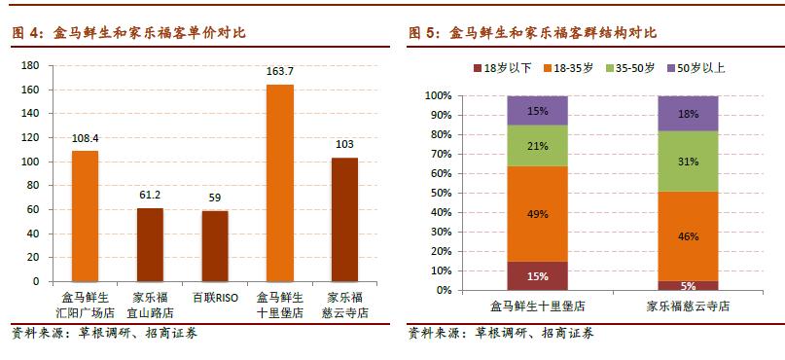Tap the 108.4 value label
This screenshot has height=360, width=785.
pos(85,138)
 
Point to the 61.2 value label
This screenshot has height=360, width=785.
pos(150,195)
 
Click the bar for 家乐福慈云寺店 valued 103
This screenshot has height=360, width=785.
pos(344,219)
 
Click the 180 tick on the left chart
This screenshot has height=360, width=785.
pos(30,65)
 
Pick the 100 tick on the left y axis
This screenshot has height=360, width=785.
pos(30,162)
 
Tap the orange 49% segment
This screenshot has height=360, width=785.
pos(536,214)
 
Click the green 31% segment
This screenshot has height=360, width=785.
pos(689,162)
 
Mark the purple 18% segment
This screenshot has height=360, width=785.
pos(689,114)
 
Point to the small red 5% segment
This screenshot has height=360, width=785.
pos(689,285)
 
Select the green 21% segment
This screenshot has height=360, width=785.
pos(536,146)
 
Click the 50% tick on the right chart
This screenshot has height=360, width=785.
pos(439,193)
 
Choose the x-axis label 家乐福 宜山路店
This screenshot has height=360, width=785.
pos(150,305)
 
